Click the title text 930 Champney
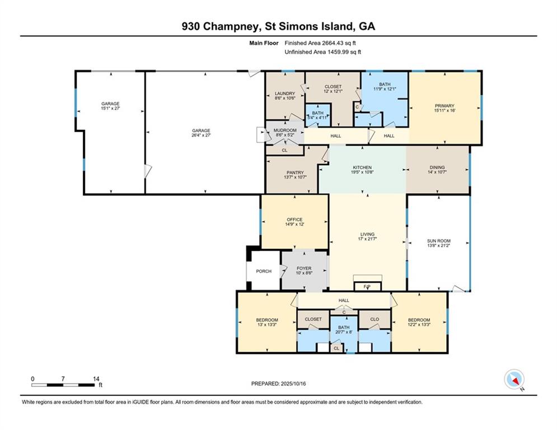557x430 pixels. coord(218,26)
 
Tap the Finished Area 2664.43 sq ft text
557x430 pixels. coord(320,43)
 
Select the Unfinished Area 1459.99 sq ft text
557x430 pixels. coord(322,52)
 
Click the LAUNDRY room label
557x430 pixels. coord(284,94)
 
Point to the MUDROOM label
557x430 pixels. coord(284,130)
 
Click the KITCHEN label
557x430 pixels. coord(362,167)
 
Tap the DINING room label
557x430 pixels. coord(437,167)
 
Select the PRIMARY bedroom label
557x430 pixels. coord(444,106)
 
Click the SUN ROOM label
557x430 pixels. coord(438,241)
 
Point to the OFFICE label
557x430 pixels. coord(294,219)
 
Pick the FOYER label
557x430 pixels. coord(303,269)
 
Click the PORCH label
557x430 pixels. coord(264,272)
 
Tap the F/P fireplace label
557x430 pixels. coord(367,287)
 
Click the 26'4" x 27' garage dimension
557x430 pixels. coord(202,135)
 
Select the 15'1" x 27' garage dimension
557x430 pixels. coord(110,109)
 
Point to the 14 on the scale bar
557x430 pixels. coord(96,379)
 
